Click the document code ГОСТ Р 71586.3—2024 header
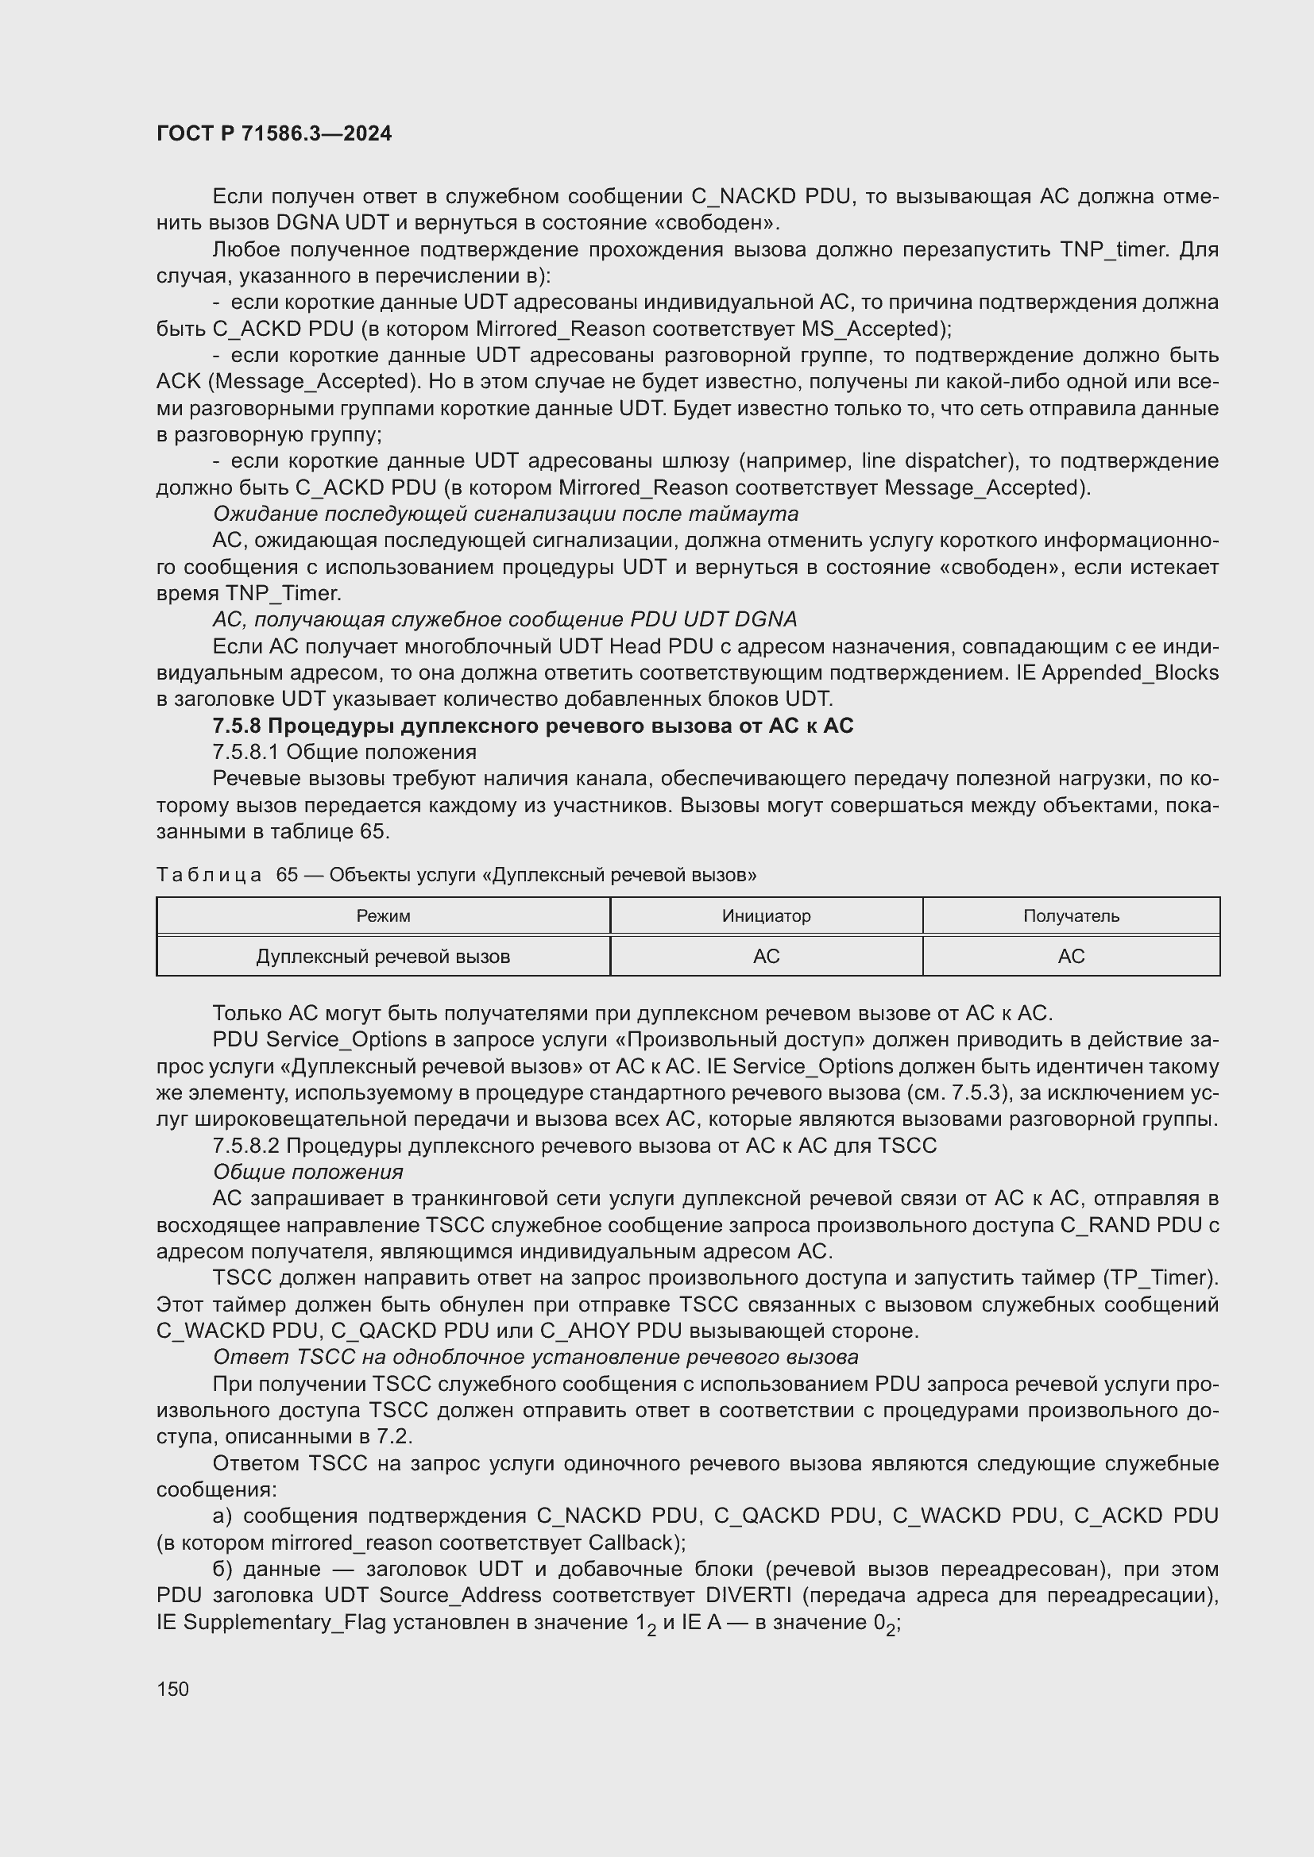tap(273, 133)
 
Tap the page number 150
tap(172, 1689)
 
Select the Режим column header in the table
tap(383, 915)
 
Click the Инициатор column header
tap(765, 915)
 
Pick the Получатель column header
tap(1070, 915)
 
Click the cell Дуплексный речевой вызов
tap(383, 956)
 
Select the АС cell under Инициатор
tap(765, 956)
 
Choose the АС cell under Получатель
tap(1070, 956)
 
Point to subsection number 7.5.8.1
tap(245, 752)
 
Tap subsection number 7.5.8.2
tap(245, 1146)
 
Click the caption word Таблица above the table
tap(209, 874)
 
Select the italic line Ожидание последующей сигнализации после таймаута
tap(505, 514)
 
